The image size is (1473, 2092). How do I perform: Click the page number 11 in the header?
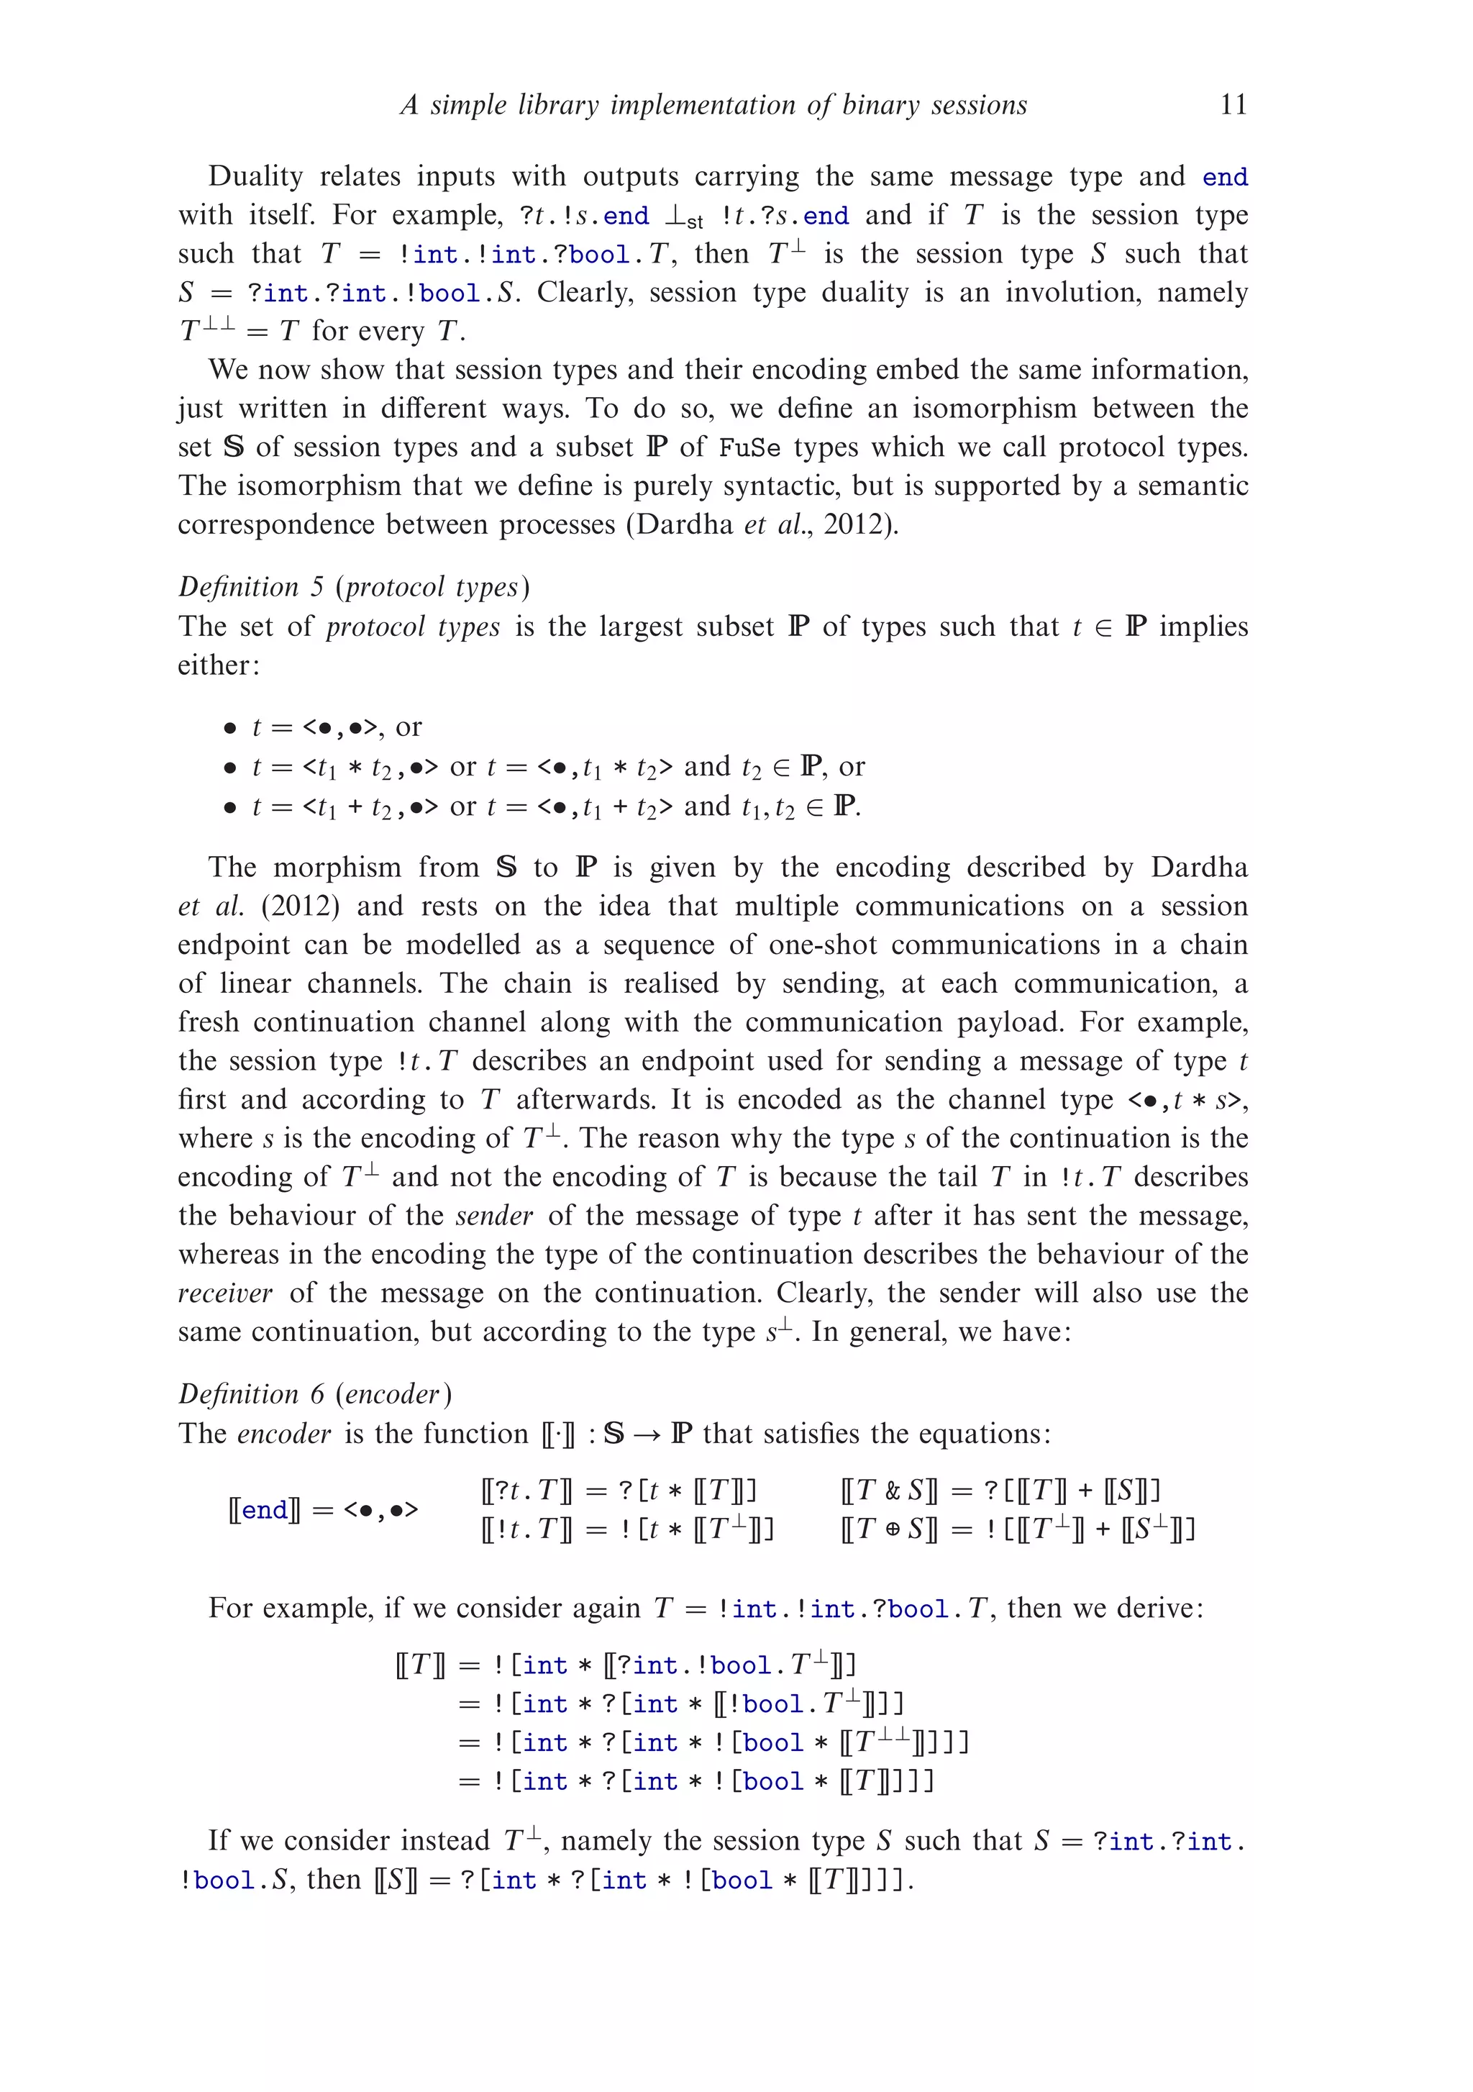[1233, 105]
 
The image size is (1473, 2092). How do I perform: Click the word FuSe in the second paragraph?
[749, 448]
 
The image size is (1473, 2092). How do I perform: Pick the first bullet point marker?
[229, 728]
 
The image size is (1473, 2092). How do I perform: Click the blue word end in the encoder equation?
[265, 1510]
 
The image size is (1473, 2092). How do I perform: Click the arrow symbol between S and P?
[647, 1435]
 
